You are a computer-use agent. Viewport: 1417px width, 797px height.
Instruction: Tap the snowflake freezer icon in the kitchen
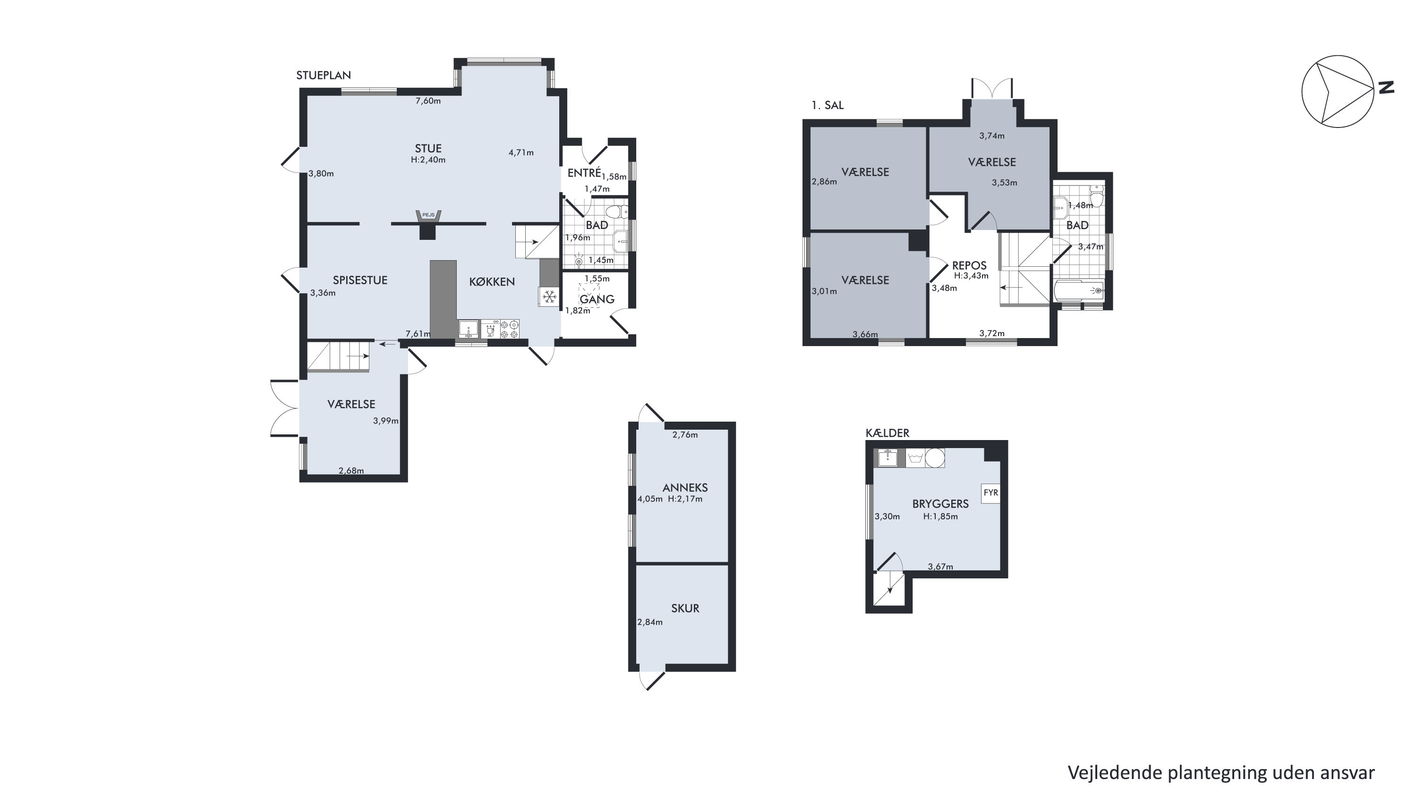point(548,297)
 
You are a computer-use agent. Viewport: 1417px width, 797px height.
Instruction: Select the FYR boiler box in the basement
point(990,493)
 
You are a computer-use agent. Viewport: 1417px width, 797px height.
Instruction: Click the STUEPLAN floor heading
point(324,76)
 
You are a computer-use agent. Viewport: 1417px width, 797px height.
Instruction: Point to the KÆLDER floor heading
point(887,433)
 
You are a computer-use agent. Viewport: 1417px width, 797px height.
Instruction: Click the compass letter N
point(1387,87)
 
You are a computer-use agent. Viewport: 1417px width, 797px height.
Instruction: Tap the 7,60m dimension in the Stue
point(428,101)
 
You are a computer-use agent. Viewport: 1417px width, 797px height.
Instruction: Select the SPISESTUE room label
point(360,280)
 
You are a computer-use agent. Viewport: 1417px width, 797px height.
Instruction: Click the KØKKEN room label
point(492,281)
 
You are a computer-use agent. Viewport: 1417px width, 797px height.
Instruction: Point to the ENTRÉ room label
point(584,172)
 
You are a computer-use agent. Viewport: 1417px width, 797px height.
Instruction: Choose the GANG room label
point(597,299)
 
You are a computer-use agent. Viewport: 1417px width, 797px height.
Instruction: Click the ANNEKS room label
point(685,487)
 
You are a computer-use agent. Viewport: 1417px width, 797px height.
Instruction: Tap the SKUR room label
point(685,608)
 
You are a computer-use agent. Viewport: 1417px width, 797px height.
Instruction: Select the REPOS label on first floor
point(969,266)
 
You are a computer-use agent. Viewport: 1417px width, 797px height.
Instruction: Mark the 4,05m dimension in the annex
point(649,500)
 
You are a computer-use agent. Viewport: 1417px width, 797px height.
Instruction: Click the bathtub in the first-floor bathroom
point(1079,290)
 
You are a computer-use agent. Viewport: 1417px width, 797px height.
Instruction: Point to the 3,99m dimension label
point(385,421)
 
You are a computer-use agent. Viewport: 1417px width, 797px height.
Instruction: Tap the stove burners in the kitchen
point(509,329)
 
